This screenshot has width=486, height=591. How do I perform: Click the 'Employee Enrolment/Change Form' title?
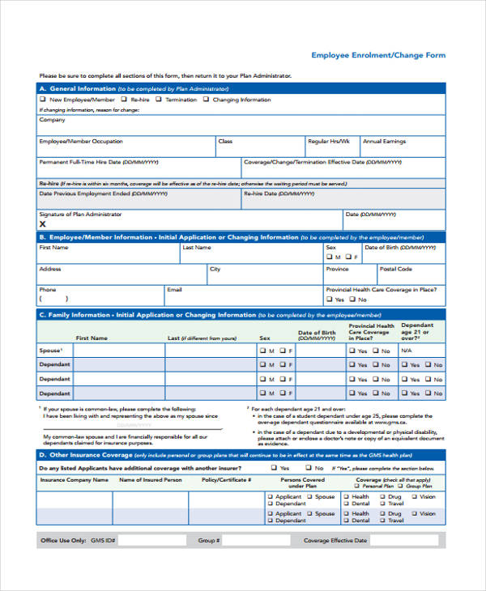pos(378,56)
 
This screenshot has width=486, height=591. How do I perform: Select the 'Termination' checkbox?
pos(160,100)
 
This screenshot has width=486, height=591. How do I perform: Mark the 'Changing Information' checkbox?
pos(207,100)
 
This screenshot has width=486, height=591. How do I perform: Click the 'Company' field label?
pos(53,120)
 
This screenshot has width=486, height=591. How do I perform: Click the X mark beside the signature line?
pos(43,224)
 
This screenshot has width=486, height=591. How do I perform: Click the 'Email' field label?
pos(174,289)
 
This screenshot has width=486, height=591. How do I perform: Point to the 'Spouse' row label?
pos(50,351)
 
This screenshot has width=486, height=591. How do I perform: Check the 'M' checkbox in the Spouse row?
pos(262,351)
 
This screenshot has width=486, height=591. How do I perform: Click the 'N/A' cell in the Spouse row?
pos(407,351)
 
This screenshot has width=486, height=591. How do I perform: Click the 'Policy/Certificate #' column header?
pos(226,479)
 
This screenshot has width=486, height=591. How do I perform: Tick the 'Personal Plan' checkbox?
pos(358,485)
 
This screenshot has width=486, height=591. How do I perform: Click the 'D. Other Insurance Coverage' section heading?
pos(85,455)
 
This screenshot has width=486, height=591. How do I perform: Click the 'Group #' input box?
pos(254,541)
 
